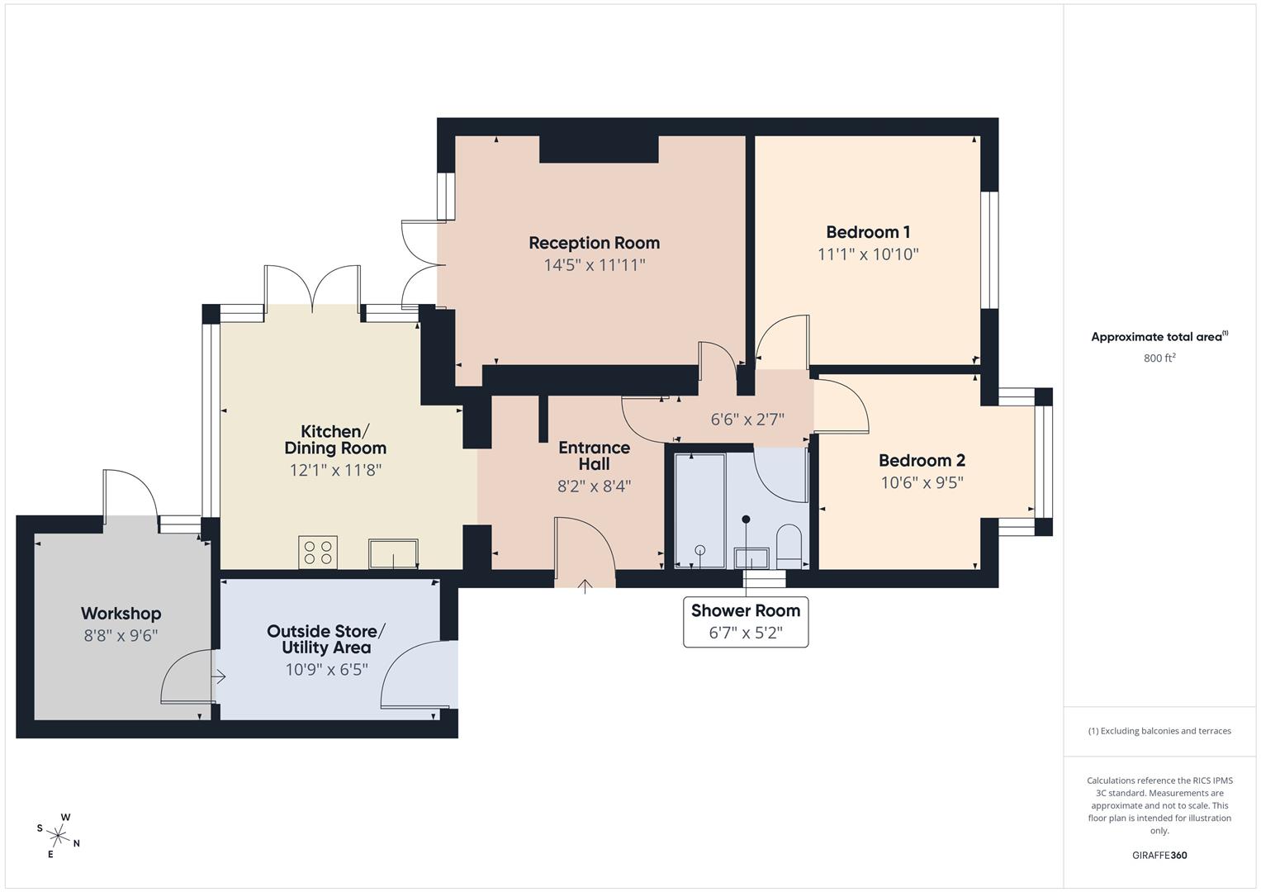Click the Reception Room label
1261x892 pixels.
594,243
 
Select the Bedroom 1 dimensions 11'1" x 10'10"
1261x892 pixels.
868,254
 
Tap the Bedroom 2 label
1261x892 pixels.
922,461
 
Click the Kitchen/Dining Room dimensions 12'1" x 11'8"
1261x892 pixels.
335,470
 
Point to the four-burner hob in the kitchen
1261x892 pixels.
319,553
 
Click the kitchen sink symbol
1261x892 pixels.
393,553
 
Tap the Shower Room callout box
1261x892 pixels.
745,621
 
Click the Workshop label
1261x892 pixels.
121,614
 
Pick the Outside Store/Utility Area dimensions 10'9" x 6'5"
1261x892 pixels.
326,670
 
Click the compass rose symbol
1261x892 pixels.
59,835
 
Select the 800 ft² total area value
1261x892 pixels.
1159,358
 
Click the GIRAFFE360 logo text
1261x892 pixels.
1159,856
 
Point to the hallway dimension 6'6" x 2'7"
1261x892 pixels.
747,420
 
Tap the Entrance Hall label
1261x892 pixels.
594,456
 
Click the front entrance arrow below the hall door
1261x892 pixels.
585,587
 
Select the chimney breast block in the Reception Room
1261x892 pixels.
599,149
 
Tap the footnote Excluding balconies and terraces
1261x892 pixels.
1159,731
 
